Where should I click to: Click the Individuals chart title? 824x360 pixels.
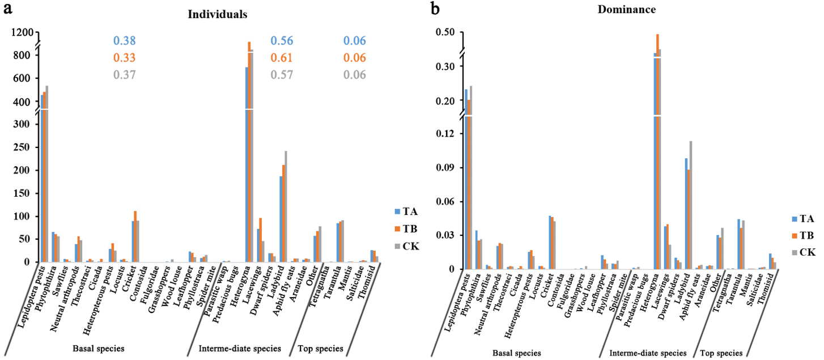[218, 15]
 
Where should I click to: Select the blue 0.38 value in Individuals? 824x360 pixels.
[124, 41]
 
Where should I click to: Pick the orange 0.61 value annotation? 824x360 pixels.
[282, 58]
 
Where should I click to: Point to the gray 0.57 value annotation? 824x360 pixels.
[282, 75]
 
